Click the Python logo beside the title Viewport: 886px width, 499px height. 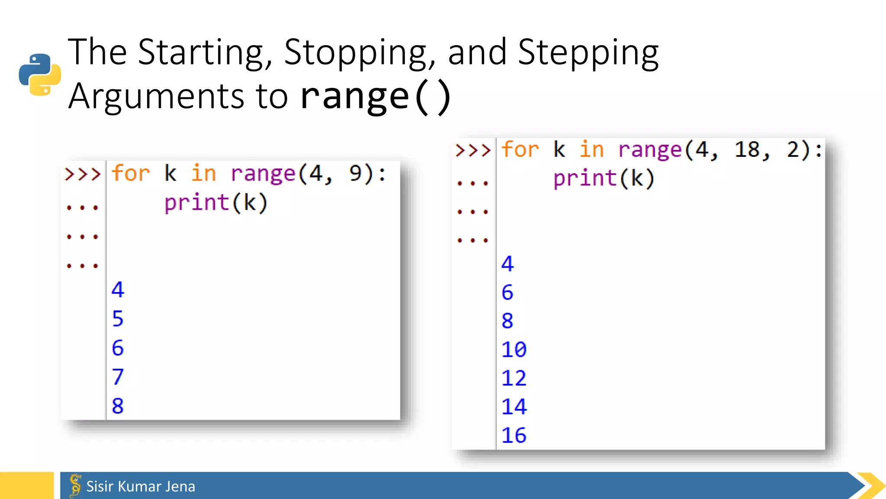[x=40, y=75]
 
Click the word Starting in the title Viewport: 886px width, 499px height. [x=201, y=53]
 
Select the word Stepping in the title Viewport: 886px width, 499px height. [x=588, y=53]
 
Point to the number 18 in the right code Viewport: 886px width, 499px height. [x=747, y=150]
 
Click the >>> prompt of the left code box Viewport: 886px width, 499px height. [x=82, y=174]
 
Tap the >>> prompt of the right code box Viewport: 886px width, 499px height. [x=473, y=150]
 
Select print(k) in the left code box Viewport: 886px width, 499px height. [x=216, y=203]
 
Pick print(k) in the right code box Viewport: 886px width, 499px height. [x=604, y=178]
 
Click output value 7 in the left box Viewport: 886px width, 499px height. [x=118, y=377]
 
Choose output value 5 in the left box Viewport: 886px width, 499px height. [x=118, y=319]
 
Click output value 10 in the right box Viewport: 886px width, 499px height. [x=514, y=350]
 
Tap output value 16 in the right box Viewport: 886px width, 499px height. [x=514, y=435]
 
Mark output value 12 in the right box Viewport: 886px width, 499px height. [x=514, y=378]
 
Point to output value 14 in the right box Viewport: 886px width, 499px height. [x=514, y=407]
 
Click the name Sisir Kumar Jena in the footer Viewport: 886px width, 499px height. [x=141, y=486]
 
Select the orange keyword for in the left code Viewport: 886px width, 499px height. [x=130, y=174]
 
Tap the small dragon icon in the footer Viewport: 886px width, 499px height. [x=75, y=485]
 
